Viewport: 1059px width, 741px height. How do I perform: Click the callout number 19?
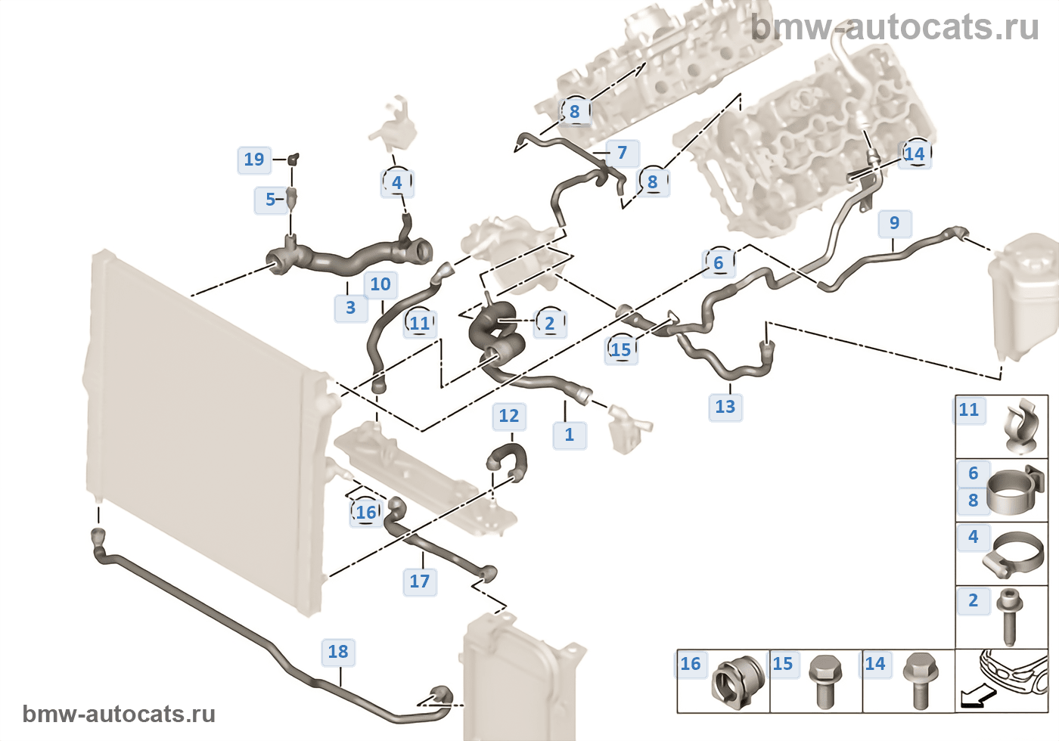coord(254,160)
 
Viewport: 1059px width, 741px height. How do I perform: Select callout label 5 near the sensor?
coord(270,200)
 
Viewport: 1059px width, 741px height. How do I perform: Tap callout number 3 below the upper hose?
coord(350,308)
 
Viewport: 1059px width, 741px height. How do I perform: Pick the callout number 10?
coord(380,284)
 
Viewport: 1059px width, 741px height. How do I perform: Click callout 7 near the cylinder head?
coord(622,153)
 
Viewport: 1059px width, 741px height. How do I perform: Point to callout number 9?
coord(894,223)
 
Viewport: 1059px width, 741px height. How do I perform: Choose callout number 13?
coord(725,407)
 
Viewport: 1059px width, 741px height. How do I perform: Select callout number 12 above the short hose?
coord(509,416)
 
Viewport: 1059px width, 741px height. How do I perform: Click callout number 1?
coord(569,435)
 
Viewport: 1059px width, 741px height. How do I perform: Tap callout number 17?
coord(420,581)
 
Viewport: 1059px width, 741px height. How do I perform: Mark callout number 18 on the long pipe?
coord(338,652)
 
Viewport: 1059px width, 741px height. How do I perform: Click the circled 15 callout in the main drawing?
coord(621,349)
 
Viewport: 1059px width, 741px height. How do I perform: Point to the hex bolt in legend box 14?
coord(920,682)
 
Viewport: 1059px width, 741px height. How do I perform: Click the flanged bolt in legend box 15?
coord(825,682)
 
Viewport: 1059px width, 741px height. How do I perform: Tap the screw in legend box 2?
coord(1009,617)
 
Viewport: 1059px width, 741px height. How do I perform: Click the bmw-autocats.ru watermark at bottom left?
coord(119,715)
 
